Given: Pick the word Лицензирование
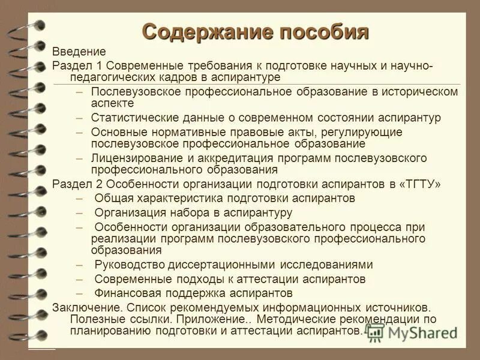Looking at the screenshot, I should [x=133, y=158].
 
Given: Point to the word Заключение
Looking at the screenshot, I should [x=81, y=307].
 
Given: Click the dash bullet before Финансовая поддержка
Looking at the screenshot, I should [x=80, y=293].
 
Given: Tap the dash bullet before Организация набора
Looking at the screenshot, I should [x=80, y=212].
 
